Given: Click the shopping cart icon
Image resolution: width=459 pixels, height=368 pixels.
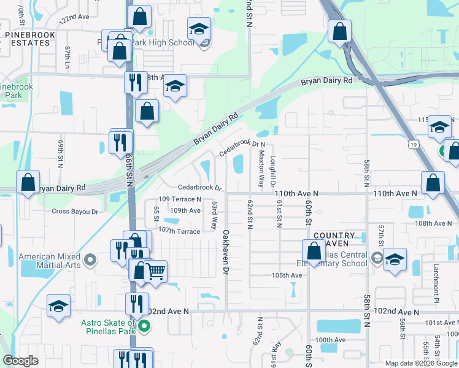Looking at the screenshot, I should (x=156, y=270).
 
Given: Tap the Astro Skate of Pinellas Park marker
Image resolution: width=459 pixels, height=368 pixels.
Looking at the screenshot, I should (x=144, y=327).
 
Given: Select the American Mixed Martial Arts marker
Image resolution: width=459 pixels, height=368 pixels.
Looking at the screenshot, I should (x=90, y=261).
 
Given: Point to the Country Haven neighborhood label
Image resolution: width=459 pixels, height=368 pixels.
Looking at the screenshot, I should (x=334, y=240).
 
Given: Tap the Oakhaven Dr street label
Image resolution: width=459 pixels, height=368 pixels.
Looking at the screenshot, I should (x=226, y=252).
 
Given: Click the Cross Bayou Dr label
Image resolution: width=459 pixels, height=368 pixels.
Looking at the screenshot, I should (x=75, y=212).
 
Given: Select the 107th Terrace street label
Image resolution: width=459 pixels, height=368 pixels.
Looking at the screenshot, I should (x=179, y=231).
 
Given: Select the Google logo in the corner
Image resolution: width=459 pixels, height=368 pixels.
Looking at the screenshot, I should (x=21, y=361).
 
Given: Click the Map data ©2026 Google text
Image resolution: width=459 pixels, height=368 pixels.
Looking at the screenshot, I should (x=420, y=363).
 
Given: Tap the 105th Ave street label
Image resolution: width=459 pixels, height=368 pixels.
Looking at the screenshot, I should (x=287, y=275).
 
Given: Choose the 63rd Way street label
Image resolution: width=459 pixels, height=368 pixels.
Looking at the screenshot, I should (x=215, y=215).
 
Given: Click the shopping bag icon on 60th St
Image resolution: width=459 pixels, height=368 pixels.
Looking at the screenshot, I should (x=314, y=251).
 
